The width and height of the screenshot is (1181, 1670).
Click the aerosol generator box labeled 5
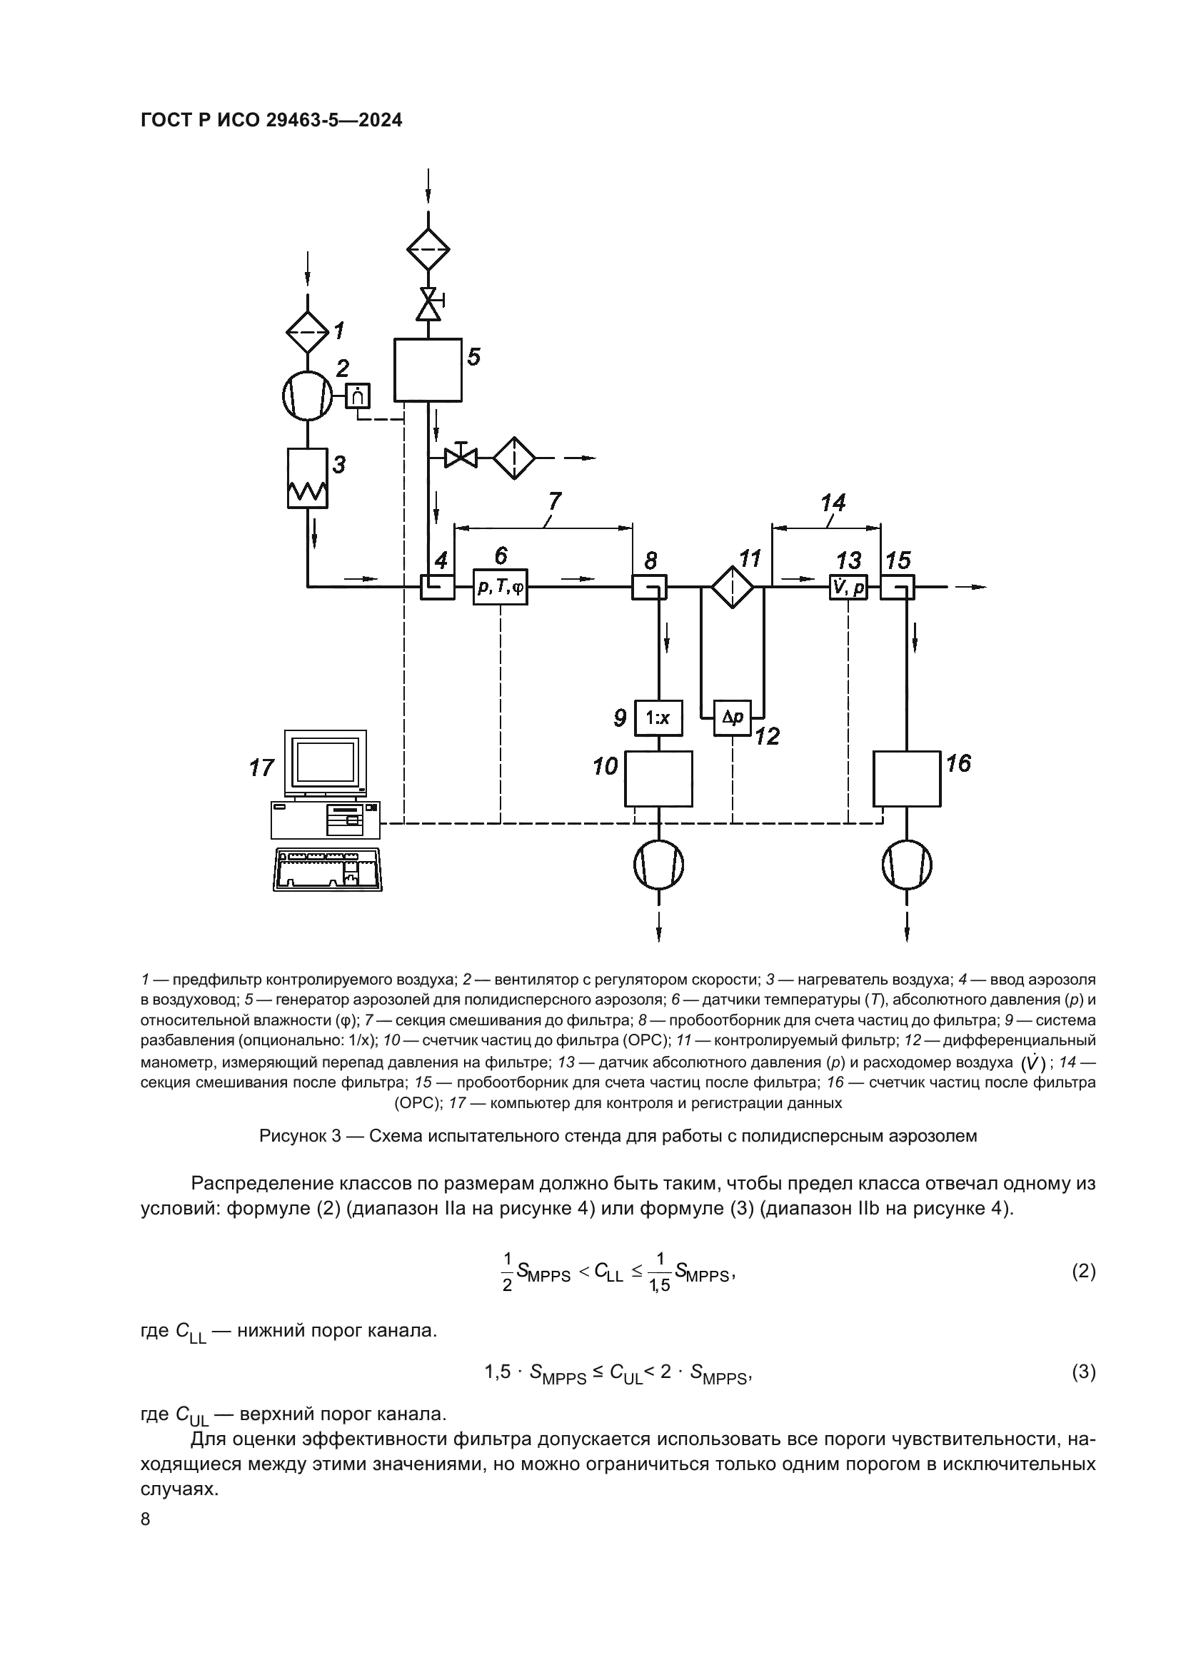coord(428,370)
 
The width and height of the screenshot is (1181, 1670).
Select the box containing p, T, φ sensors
coord(501,586)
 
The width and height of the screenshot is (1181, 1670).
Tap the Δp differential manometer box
coord(733,717)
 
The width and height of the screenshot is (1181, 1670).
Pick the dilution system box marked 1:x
coord(658,718)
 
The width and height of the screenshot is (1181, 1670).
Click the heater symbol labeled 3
coord(307,477)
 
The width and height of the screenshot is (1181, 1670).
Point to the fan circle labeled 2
coord(307,396)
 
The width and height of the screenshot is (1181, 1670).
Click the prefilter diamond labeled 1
coord(307,332)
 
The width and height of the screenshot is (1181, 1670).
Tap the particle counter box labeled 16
coord(907,779)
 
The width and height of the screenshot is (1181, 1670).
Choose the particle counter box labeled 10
coord(658,779)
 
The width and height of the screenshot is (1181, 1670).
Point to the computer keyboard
coord(327,868)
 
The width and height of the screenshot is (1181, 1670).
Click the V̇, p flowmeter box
coord(848,586)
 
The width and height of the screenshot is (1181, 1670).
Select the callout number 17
coord(261,768)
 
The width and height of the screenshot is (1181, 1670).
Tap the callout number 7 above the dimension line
coord(554,501)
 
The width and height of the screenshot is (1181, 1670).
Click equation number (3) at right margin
coord(1084,1372)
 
